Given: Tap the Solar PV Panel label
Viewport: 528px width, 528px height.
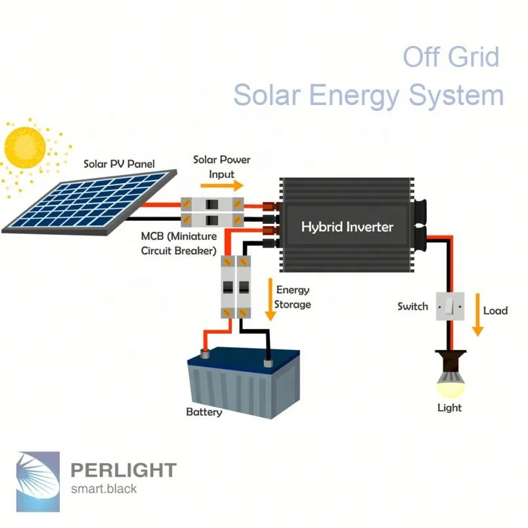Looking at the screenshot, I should [119, 164].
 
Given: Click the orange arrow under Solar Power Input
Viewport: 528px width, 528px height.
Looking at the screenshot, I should [221, 187].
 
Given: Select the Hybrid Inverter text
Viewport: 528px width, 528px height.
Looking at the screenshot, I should [347, 227].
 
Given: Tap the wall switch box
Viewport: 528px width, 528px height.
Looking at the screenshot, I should [450, 307].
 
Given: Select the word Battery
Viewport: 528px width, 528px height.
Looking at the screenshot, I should [204, 412].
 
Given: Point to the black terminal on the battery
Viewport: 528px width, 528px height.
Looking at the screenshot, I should [267, 363].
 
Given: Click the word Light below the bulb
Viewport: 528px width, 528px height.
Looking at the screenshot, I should [449, 408].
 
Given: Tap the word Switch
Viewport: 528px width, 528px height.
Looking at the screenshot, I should [412, 307].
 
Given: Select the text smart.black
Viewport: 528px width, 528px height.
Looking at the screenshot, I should [104, 489].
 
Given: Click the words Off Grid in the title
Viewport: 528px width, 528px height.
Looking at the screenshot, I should [451, 57].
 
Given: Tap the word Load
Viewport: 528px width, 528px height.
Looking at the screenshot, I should [495, 311].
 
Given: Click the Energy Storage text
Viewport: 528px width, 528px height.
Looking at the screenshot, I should [292, 297].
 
